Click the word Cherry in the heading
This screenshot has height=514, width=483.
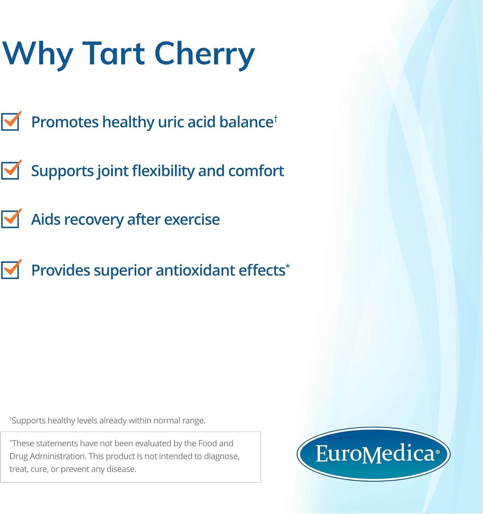pos(205,54)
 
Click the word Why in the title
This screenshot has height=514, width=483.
pos(38,54)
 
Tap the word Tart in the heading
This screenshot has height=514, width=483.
pos(114,54)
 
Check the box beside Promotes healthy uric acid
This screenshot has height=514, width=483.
pos(10,122)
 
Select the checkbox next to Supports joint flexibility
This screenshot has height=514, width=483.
pos(10,170)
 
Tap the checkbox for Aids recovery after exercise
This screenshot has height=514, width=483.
pos(10,219)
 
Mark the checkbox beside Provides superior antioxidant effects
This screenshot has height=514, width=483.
pos(10,270)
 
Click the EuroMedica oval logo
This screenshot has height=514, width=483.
pos(373,454)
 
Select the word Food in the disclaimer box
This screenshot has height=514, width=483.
pos(208,443)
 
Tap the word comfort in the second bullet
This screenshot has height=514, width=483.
pos(256,171)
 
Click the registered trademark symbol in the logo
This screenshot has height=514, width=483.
pos(437,452)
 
